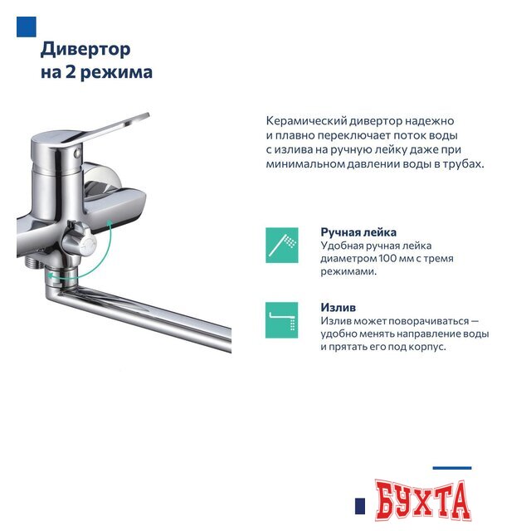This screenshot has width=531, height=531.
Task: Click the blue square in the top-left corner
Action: click(27, 27)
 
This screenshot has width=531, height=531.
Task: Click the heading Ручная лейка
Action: click(358, 232)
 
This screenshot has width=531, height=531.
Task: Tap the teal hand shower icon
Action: click(282, 245)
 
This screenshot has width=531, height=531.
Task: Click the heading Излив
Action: click(339, 307)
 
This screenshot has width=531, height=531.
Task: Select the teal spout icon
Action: click(282, 319)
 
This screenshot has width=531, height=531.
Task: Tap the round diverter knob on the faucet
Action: click(80, 241)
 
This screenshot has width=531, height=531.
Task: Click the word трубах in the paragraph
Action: click(461, 163)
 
